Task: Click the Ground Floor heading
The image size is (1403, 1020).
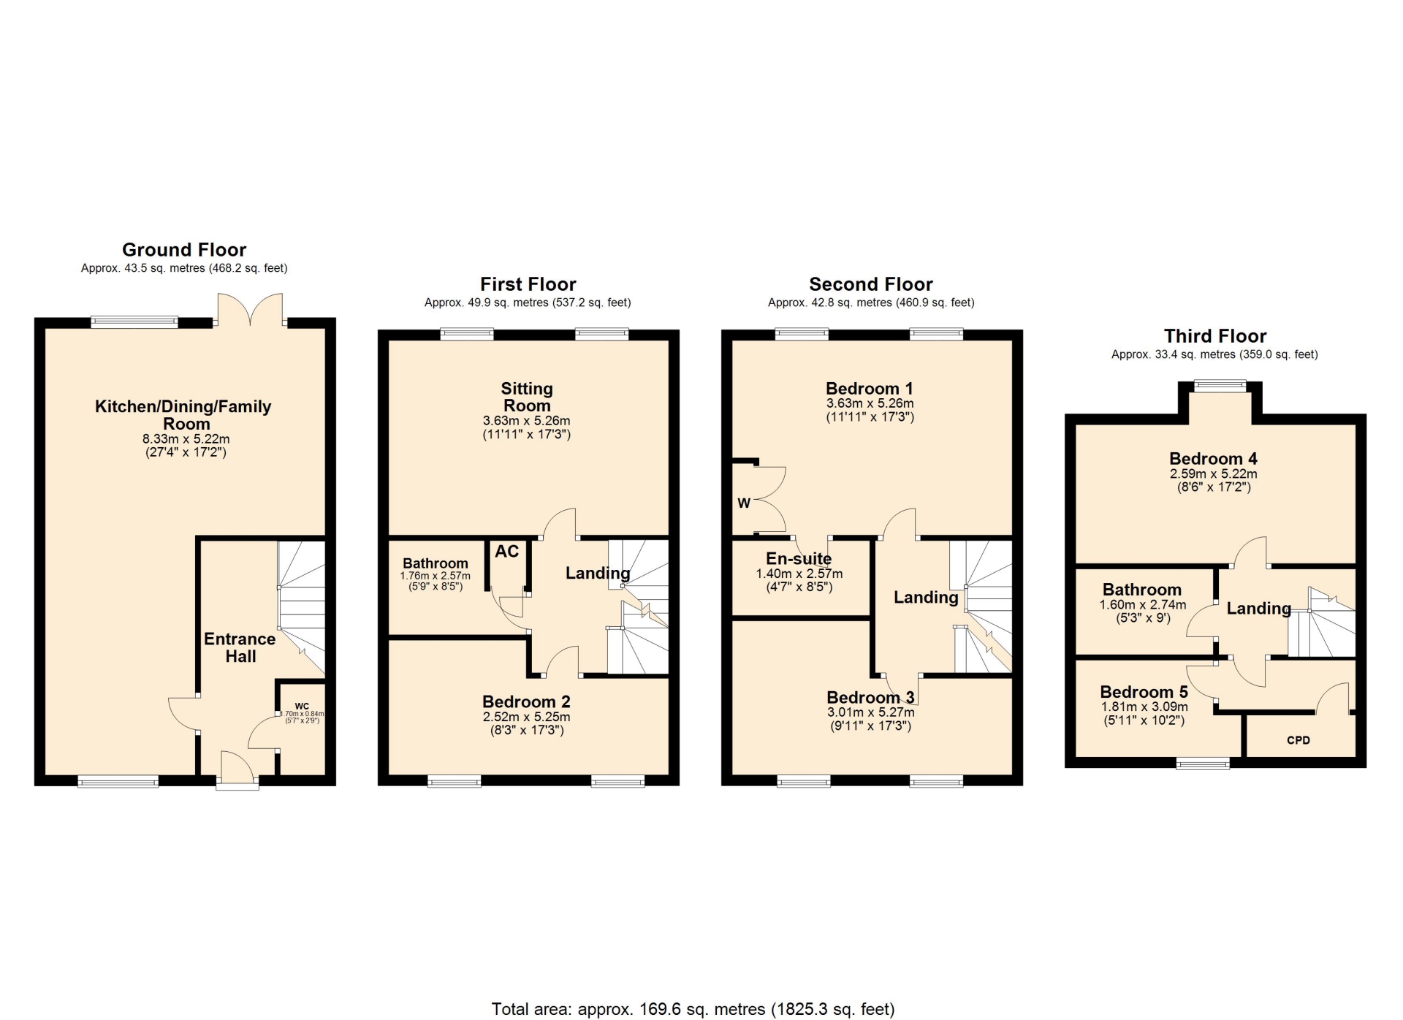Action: coord(184,250)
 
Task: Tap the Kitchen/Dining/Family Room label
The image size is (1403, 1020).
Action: coord(183,415)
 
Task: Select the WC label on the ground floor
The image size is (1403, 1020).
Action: coord(302,707)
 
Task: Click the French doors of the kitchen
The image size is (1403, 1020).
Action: coord(250,309)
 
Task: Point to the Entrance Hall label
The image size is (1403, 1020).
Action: coord(240,647)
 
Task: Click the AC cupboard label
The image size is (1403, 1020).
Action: coord(507,552)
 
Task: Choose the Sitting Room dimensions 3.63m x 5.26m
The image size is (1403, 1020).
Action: coord(527,421)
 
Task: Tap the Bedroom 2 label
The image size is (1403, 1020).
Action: coord(526,702)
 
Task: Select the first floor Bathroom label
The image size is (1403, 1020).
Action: coord(436,563)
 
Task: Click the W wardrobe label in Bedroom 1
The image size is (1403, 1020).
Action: coord(744,503)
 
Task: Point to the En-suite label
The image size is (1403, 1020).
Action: coord(799,559)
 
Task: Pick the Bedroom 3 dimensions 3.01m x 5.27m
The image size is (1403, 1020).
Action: coord(870,712)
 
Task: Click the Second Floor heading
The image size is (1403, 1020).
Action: coord(871,284)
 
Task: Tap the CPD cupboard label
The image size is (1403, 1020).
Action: coord(1299,740)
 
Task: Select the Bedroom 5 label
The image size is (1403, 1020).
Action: coord(1144,692)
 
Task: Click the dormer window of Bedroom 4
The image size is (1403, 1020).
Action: coord(1220,386)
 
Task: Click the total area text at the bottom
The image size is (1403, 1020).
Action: coord(693,1009)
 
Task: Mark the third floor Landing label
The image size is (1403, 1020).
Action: coord(1258,609)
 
